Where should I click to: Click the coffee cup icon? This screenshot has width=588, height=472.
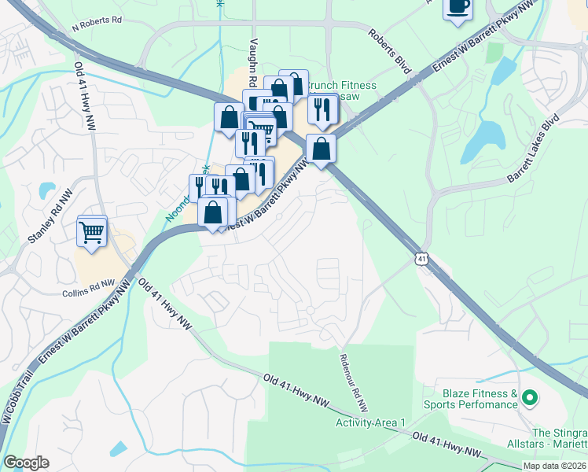point(458,7)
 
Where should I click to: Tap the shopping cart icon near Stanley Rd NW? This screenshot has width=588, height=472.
point(92,231)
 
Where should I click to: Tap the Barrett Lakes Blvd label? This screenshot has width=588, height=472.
point(532,149)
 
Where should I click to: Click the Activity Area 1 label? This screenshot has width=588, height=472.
point(370,422)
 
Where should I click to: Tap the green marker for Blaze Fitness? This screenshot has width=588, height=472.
point(530,400)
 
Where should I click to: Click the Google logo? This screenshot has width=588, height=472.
point(26,463)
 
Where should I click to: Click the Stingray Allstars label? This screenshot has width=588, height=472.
point(559,439)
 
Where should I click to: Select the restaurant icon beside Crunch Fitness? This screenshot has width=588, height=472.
point(322,112)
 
